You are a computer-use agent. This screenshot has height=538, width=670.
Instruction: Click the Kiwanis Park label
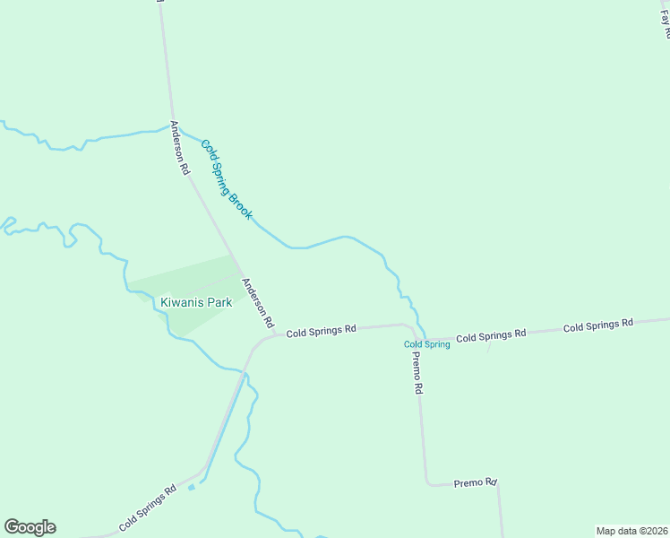196,302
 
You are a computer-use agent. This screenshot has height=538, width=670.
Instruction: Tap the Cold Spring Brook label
227,179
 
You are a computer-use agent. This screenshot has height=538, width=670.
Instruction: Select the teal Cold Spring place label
426,344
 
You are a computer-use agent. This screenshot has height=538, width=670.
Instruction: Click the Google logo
30,527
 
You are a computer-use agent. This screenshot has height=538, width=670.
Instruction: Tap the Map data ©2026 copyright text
631,530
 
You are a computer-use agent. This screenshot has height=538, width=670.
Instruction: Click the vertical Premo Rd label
417,372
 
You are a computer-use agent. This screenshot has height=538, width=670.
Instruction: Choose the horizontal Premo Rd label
475,482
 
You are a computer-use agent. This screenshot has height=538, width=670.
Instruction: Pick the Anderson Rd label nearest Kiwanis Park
259,299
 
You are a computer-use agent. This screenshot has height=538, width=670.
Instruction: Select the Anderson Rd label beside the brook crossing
180,148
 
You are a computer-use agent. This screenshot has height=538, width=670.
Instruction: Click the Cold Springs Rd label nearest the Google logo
146,508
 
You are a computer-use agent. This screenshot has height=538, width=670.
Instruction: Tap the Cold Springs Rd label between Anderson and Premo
322,330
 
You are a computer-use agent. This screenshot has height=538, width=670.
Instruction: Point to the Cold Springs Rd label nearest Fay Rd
597,325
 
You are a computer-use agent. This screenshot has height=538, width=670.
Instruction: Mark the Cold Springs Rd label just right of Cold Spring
490,336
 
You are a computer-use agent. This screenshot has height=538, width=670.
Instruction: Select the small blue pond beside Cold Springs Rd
191,488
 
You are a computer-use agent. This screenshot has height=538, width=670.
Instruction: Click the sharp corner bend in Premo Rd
427,483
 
